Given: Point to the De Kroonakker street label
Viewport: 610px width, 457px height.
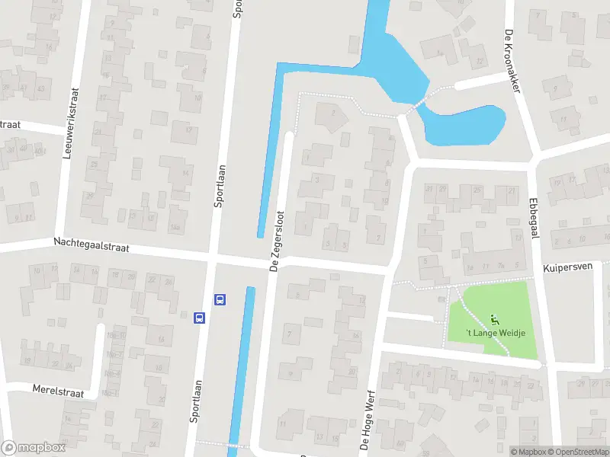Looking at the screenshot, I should [x=512, y=61].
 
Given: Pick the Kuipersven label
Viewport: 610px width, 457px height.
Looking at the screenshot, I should [x=568, y=269].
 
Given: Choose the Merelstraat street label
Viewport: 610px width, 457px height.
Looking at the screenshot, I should [x=58, y=389].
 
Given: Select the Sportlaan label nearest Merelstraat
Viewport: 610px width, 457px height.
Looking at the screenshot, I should [x=195, y=401].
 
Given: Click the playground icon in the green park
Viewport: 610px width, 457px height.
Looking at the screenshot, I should [x=494, y=319].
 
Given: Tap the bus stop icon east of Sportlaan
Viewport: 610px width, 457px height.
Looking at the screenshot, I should [x=220, y=299].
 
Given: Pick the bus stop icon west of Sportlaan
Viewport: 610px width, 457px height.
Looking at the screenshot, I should [x=199, y=317].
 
